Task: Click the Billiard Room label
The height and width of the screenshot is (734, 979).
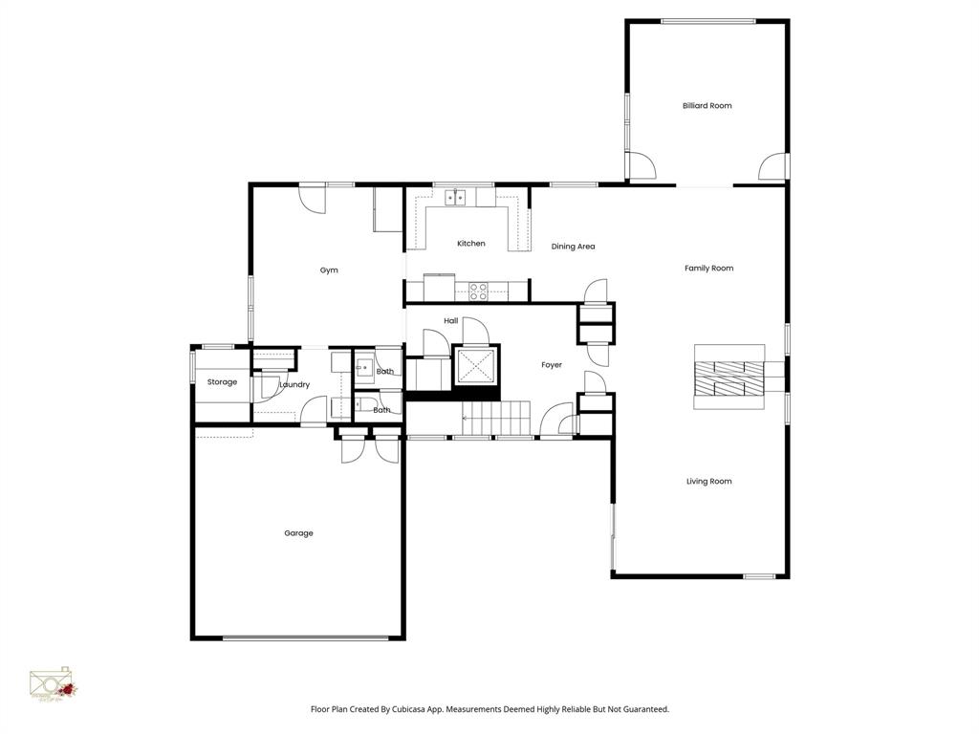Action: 707,106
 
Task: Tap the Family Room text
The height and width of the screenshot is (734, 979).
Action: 708,269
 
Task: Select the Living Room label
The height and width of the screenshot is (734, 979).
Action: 708,482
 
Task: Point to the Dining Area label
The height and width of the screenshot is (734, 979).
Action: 573,247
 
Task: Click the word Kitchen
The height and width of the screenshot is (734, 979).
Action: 470,244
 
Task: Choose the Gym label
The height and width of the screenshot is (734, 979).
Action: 329,270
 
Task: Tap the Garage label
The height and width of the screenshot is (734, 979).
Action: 298,533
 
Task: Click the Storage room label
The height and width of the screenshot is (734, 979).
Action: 222,382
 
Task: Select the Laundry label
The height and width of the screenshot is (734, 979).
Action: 294,385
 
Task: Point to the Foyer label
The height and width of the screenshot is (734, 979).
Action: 552,365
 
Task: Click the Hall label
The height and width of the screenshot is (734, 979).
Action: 451,321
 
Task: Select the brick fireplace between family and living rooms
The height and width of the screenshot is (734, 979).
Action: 729,378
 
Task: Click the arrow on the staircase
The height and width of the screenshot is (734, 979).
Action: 468,417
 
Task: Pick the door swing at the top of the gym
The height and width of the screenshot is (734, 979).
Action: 312,198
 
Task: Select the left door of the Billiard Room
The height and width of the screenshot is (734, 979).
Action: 642,166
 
